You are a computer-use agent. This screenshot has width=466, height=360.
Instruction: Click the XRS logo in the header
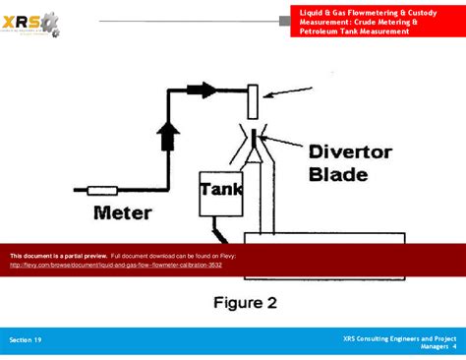30,22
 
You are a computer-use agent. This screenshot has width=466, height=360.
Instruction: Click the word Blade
338,175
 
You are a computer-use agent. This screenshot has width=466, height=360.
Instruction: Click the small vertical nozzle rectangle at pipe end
253,100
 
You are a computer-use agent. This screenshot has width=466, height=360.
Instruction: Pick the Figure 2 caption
245,303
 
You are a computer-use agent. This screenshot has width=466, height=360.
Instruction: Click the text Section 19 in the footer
26,339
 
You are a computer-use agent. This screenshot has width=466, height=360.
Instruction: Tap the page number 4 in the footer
454,346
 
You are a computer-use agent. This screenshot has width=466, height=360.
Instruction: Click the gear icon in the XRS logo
49,22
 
